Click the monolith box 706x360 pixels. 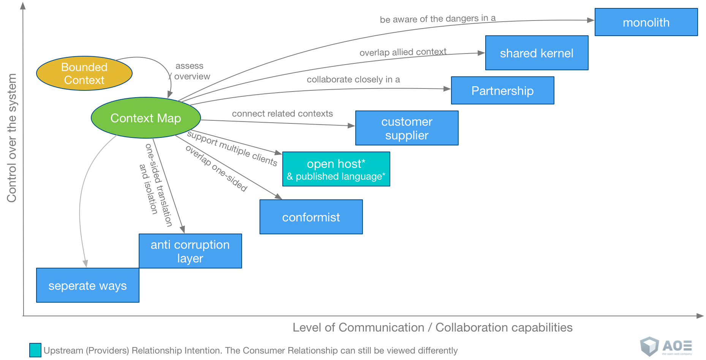pyautogui.click(x=646, y=22)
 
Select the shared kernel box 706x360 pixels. pyautogui.click(x=537, y=53)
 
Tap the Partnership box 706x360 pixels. pyautogui.click(x=502, y=91)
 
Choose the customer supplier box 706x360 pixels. pyautogui.click(x=407, y=128)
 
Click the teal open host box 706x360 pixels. pyautogui.click(x=336, y=169)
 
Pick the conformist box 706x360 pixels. pyautogui.click(x=311, y=217)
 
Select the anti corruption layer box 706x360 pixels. pyautogui.click(x=190, y=251)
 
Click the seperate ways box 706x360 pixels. pyautogui.click(x=87, y=286)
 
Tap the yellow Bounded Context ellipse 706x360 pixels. pyautogui.click(x=84, y=74)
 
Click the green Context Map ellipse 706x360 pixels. pyautogui.click(x=146, y=118)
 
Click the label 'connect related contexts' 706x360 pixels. pyautogui.click(x=282, y=114)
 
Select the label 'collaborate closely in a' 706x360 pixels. pyautogui.click(x=353, y=79)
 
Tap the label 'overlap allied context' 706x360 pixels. pyautogui.click(x=403, y=52)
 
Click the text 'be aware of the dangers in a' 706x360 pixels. pyautogui.click(x=437, y=19)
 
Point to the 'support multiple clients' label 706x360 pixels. pyautogui.click(x=232, y=148)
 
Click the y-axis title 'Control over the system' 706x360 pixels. pyautogui.click(x=12, y=137)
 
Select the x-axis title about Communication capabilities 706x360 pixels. pyautogui.click(x=432, y=327)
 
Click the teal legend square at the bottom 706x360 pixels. pyautogui.click(x=35, y=350)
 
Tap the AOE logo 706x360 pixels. pyautogui.click(x=666, y=346)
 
